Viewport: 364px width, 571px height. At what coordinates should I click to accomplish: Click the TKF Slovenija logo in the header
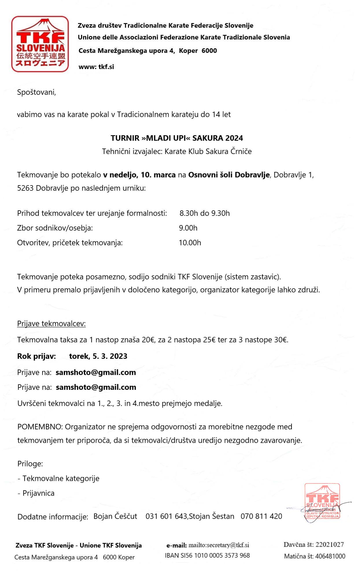[40, 44]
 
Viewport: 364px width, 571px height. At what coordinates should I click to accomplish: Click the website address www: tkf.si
[96, 67]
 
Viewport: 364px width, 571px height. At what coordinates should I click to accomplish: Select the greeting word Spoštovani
[36, 92]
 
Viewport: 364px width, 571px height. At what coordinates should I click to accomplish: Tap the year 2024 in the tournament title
[234, 138]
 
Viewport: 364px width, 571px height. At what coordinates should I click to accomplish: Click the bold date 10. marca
[158, 175]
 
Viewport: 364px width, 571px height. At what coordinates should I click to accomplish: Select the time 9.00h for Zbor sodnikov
[188, 228]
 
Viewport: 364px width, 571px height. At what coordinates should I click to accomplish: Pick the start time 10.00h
[190, 242]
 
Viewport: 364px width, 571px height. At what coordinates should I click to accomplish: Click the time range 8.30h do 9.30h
[204, 213]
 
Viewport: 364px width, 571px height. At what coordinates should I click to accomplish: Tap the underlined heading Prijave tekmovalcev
[51, 323]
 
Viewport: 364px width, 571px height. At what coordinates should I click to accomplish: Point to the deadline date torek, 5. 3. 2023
[98, 356]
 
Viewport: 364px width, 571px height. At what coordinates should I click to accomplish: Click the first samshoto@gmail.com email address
[96, 372]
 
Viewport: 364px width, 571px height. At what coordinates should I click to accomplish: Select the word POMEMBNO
[40, 427]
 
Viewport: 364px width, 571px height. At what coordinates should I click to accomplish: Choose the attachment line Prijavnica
[38, 493]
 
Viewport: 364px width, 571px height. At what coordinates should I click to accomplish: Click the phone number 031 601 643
[166, 516]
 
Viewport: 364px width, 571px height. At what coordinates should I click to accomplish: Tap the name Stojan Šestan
[212, 516]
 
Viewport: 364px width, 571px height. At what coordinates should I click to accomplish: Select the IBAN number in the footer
[207, 555]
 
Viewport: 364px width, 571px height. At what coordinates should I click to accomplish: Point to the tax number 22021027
[330, 544]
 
